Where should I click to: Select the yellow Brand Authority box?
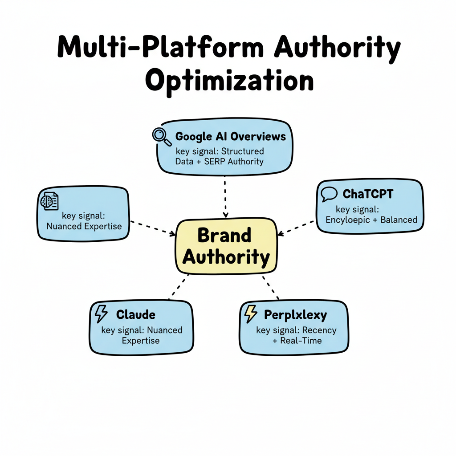pyautogui.click(x=227, y=246)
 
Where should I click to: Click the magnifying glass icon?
pyautogui.click(x=162, y=136)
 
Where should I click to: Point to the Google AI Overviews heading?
pyautogui.click(x=231, y=136)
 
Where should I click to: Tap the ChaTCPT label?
pyautogui.click(x=368, y=194)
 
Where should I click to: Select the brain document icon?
pyautogui.click(x=49, y=201)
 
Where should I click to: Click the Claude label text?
pyautogui.click(x=135, y=314)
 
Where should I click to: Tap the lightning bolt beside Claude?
pyautogui.click(x=101, y=314)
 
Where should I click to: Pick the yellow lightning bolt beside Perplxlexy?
pyautogui.click(x=251, y=314)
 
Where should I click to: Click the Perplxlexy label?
pyautogui.click(x=295, y=315)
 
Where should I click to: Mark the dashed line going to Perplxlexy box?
pyautogui.click(x=270, y=287)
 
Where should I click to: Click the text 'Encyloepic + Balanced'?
pyautogui.click(x=371, y=220)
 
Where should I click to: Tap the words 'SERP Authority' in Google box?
pyautogui.click(x=233, y=161)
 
